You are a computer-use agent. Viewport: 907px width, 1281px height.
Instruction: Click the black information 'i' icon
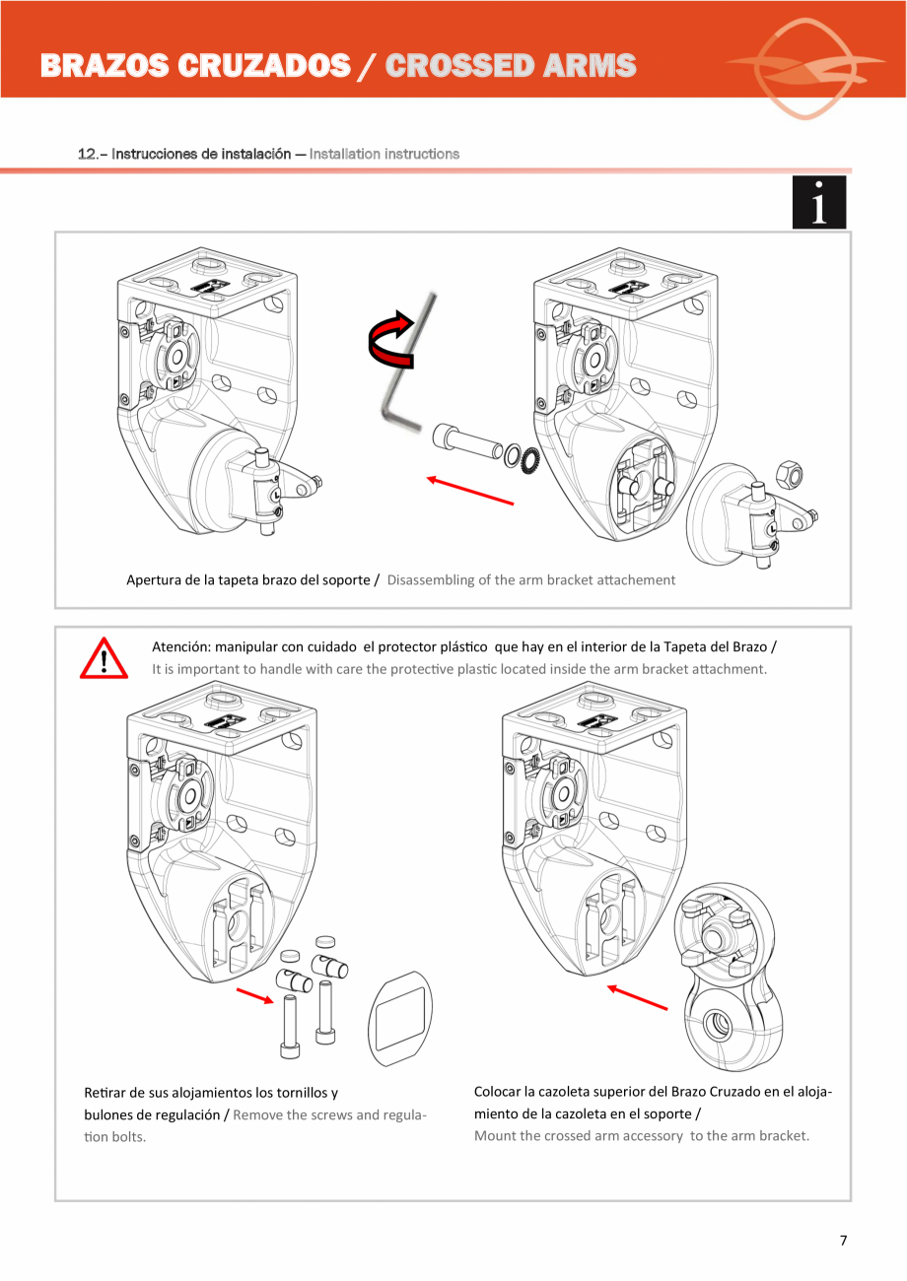pyautogui.click(x=818, y=203)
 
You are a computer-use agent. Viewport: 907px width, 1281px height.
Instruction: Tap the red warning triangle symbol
pyautogui.click(x=104, y=659)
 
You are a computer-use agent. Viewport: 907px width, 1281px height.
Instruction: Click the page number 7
pyautogui.click(x=843, y=1241)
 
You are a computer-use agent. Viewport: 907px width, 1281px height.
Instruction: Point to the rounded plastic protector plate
pyautogui.click(x=400, y=1019)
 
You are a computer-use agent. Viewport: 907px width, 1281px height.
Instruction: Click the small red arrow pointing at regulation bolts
pyautogui.click(x=254, y=998)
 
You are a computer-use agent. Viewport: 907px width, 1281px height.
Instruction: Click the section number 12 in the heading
pyautogui.click(x=87, y=154)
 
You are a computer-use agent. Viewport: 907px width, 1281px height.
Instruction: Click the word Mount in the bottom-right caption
pyautogui.click(x=494, y=1135)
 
